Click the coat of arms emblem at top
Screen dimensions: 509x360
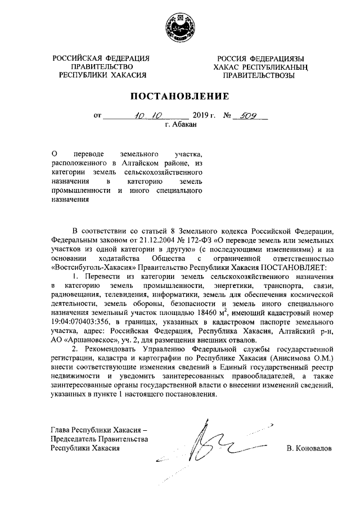coord(179,26)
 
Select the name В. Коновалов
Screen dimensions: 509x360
coord(308,449)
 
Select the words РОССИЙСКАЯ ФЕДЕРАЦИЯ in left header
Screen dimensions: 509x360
coord(101,58)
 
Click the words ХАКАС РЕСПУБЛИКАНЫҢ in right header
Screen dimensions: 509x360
coord(262,66)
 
